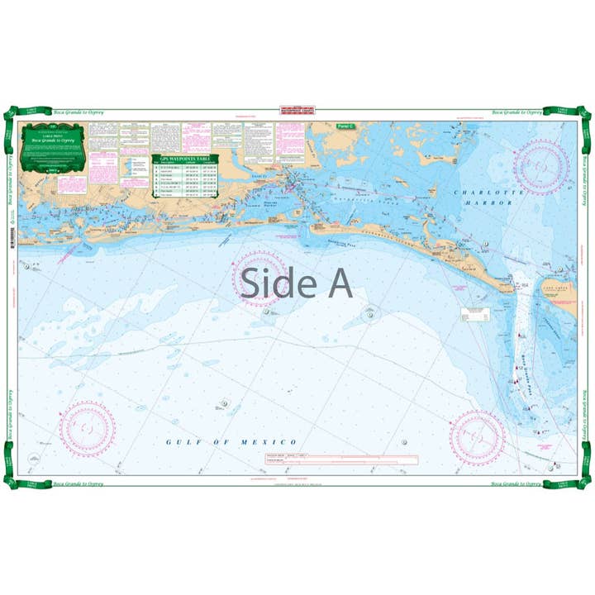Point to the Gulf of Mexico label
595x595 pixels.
(231, 442)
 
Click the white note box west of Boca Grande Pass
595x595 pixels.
(475, 313)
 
